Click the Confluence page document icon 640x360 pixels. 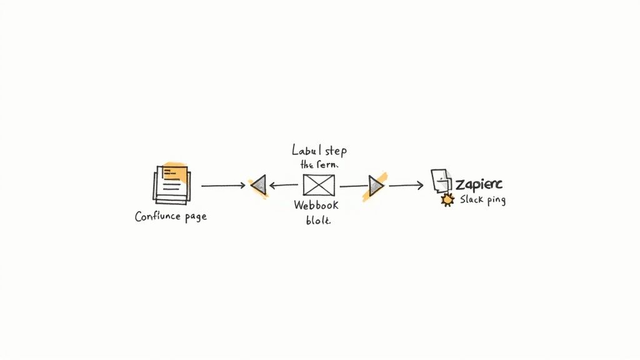point(171,184)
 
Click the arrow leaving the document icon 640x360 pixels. point(222,186)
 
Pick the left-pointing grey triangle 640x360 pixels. point(258,185)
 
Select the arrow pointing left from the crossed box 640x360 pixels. point(284,185)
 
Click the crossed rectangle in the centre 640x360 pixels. point(319,185)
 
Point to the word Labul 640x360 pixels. point(306,151)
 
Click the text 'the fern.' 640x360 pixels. point(319,164)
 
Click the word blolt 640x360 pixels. point(318,220)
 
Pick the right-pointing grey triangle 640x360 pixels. point(375,186)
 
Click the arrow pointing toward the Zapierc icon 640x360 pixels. point(406,185)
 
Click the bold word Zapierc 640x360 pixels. point(479,184)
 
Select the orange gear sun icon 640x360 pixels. point(447,200)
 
